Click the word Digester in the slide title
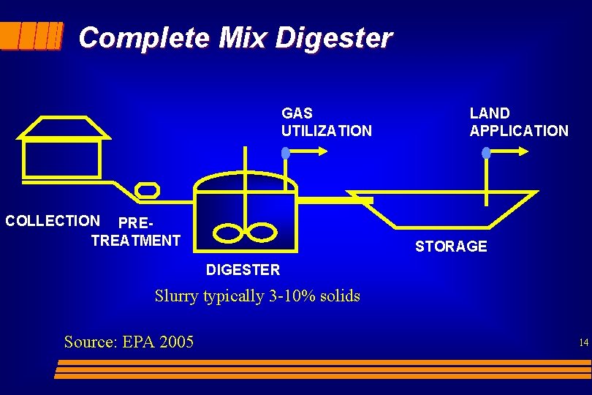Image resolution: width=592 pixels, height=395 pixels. (x=333, y=37)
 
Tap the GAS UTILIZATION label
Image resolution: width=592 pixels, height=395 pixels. (x=326, y=122)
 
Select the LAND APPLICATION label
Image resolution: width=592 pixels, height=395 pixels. (x=518, y=122)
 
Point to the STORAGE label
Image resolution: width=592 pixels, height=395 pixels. (x=451, y=247)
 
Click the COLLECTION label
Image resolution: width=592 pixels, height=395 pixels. (x=53, y=221)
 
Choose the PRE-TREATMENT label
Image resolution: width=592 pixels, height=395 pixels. (x=136, y=231)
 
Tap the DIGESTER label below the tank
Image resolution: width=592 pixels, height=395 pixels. (x=243, y=270)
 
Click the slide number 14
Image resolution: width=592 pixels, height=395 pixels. (x=583, y=342)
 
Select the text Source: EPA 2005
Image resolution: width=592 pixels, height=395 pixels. (x=129, y=342)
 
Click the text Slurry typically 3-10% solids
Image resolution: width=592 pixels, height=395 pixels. (x=257, y=296)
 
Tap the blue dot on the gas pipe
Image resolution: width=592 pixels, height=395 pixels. (x=286, y=153)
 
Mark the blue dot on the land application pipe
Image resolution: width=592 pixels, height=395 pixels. (x=486, y=153)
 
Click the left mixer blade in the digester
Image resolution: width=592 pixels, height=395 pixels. (x=229, y=233)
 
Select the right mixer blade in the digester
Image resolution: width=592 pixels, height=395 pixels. (x=261, y=232)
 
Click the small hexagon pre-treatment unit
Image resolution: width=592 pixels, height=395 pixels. (x=147, y=190)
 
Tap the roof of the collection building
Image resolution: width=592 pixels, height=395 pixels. (x=63, y=127)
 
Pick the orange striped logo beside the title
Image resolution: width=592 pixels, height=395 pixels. (x=31, y=35)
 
